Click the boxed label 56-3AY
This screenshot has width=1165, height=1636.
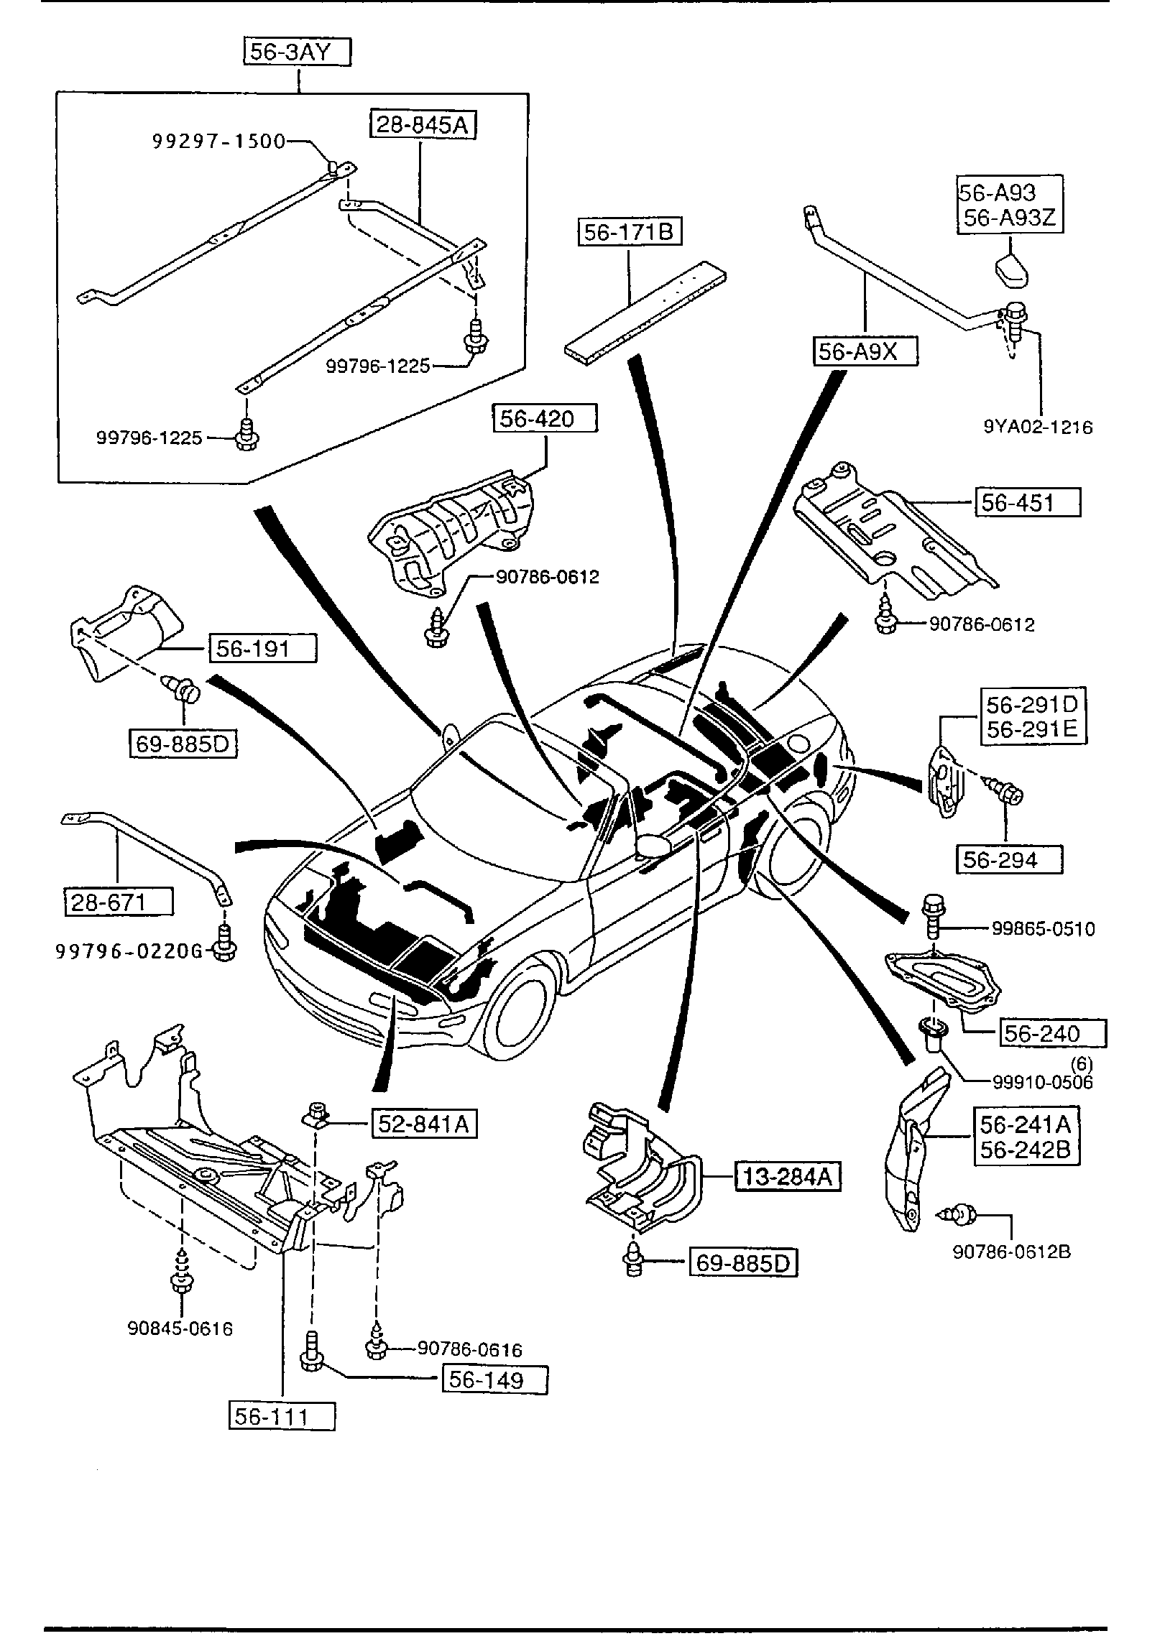click(x=297, y=52)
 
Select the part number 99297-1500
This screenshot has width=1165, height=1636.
click(x=218, y=142)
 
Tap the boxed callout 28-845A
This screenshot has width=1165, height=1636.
click(x=423, y=125)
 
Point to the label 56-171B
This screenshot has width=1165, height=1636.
click(x=630, y=232)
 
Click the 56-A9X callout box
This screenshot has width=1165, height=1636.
click(x=865, y=352)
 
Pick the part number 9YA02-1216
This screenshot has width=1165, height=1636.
click(x=1038, y=427)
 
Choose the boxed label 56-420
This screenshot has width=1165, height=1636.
click(x=545, y=418)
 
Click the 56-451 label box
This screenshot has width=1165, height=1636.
click(x=1027, y=502)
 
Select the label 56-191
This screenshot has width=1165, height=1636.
click(x=262, y=649)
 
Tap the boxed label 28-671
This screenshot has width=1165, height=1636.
click(x=119, y=902)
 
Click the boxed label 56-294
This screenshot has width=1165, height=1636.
click(x=1009, y=860)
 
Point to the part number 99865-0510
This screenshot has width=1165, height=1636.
click(x=1044, y=929)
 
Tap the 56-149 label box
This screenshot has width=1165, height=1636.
click(x=495, y=1380)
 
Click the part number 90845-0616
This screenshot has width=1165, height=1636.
click(x=180, y=1328)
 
